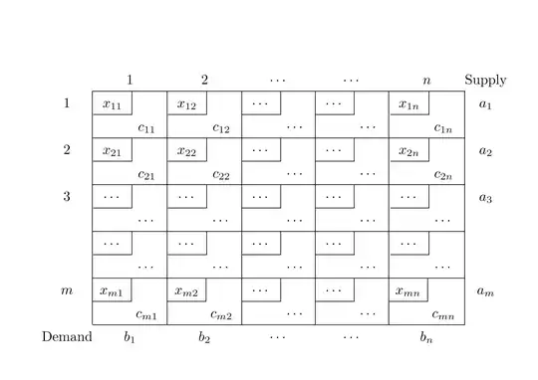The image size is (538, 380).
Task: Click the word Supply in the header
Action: [485, 80]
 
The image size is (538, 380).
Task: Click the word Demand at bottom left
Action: [67, 336]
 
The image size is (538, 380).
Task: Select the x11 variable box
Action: [112, 103]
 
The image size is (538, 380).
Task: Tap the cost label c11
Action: [145, 127]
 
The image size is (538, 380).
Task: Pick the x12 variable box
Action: [186, 103]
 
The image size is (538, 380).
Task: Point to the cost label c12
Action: [220, 127]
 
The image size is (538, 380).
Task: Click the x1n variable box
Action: [408, 103]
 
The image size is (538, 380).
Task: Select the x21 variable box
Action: [112, 150]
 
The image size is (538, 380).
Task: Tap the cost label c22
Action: [220, 174]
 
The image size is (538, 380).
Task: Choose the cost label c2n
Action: [443, 174]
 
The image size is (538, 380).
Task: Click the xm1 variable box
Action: [112, 290]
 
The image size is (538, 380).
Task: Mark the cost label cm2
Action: [221, 314]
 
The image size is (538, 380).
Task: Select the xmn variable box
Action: [409, 290]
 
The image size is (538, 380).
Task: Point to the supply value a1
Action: [485, 104]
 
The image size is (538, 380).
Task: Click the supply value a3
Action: [485, 197]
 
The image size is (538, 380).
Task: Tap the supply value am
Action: [485, 291]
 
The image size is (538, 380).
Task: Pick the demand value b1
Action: [130, 336]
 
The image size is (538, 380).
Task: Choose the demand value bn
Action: [426, 336]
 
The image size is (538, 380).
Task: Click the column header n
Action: [426, 81]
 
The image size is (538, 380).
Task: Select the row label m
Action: [67, 289]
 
